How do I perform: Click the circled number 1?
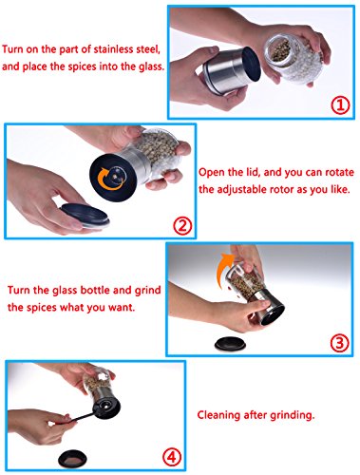coord(340,105)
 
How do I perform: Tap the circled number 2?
coord(182,225)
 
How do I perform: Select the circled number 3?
coord(339,343)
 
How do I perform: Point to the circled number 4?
coord(172,457)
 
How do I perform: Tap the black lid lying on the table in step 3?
coord(230,344)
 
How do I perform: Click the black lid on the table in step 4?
coord(72,458)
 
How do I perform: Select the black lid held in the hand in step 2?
coord(85,215)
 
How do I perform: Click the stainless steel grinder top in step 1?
coord(232,70)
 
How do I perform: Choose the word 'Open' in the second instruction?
coord(210,173)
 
